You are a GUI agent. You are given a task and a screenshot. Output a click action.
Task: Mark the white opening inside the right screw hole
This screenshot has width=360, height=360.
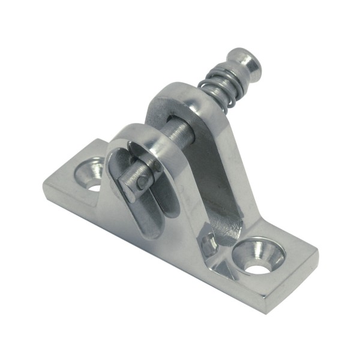click(x=259, y=265)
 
